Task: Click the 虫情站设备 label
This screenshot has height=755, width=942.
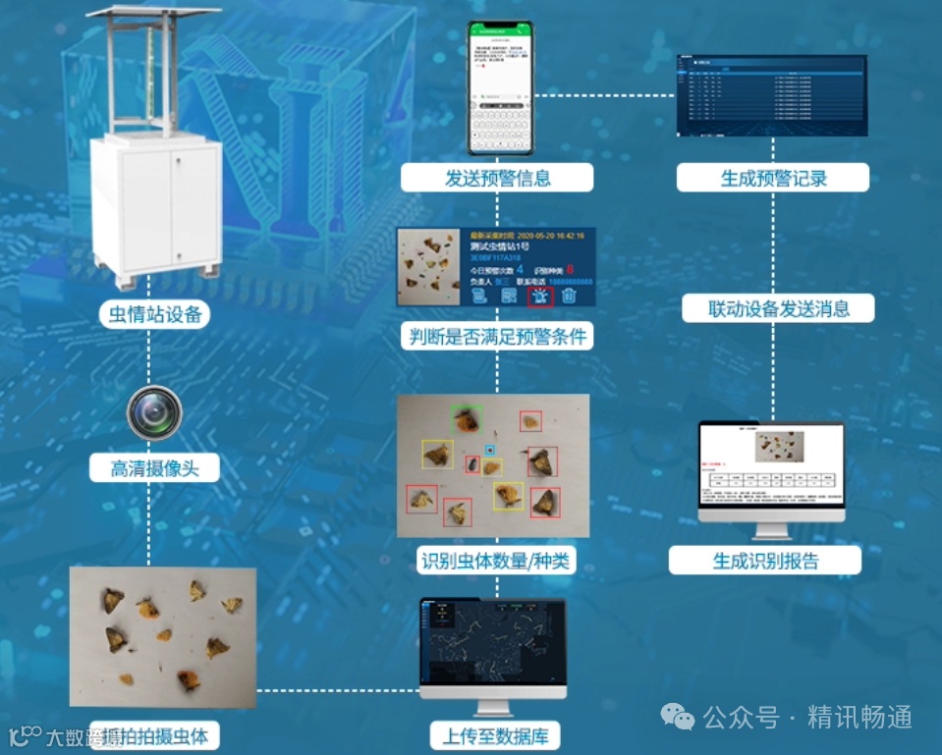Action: point(153,314)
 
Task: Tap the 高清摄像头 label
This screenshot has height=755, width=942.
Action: point(154,468)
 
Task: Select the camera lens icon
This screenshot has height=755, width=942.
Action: point(154,412)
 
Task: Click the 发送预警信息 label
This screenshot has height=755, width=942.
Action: point(497,178)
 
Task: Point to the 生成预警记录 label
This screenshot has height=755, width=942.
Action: point(773,178)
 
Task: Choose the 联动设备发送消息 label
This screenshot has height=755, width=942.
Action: point(779,309)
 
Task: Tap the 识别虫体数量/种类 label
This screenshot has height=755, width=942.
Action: point(496,562)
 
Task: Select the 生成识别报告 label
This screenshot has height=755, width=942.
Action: point(765,562)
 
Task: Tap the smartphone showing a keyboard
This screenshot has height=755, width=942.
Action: point(499,88)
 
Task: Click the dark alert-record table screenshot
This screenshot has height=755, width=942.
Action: point(772,94)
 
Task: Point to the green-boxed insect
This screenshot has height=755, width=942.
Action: point(466,420)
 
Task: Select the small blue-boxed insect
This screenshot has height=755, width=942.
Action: point(490,450)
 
